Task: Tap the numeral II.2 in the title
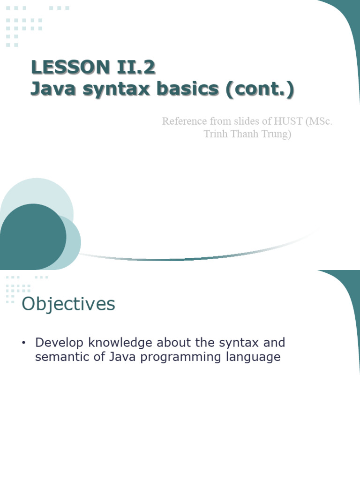coord(135,67)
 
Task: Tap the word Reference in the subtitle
coord(184,121)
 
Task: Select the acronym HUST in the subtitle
coord(286,121)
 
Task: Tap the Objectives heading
coord(68,305)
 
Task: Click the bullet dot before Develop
coord(23,343)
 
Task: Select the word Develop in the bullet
coord(60,343)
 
